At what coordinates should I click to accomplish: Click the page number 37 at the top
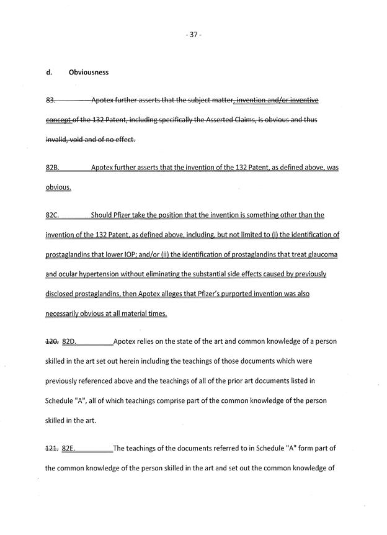pyautogui.click(x=193, y=35)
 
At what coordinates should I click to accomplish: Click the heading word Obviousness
pyautogui.click(x=89, y=72)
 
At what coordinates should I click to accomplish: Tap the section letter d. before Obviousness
pyautogui.click(x=48, y=72)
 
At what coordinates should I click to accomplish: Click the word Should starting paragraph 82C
pyautogui.click(x=103, y=215)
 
